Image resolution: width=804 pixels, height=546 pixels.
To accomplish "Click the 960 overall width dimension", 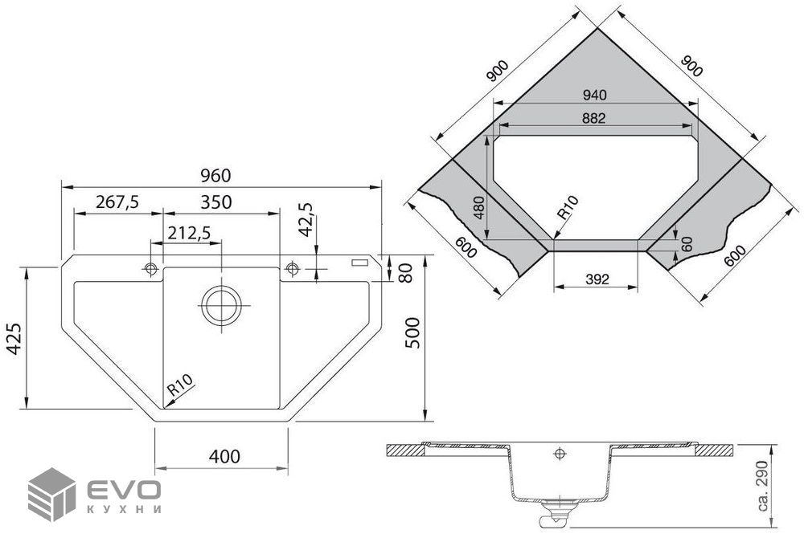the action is tap(215, 176).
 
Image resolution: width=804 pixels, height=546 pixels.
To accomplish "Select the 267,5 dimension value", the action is tap(117, 202).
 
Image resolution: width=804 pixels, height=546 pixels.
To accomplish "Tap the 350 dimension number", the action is tap(215, 202).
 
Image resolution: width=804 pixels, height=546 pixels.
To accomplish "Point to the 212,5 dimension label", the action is tap(189, 233).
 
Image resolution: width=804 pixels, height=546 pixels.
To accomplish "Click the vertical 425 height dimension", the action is tap(14, 338).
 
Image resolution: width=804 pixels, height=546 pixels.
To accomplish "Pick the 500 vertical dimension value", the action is tap(412, 333).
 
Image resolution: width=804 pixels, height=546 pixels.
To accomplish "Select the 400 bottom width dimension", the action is tap(224, 456).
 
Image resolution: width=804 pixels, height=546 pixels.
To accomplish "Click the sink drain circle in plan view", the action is tap(222, 305).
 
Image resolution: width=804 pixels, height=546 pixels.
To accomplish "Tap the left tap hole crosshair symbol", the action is tap(151, 268).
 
